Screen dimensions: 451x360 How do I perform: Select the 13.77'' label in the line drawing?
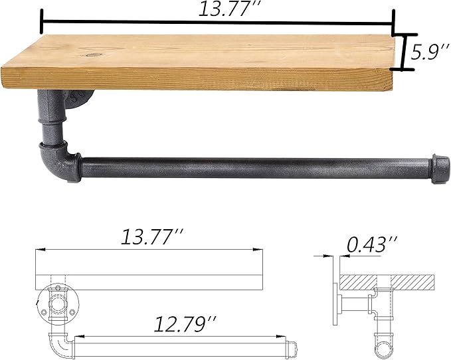[151, 236]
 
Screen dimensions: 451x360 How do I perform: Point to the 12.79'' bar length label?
[185, 324]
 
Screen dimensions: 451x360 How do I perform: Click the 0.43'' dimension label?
[372, 244]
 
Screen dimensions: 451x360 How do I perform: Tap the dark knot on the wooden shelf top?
[92, 54]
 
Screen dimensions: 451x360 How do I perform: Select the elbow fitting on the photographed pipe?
[59, 161]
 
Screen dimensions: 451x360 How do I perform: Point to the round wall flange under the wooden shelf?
[80, 100]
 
